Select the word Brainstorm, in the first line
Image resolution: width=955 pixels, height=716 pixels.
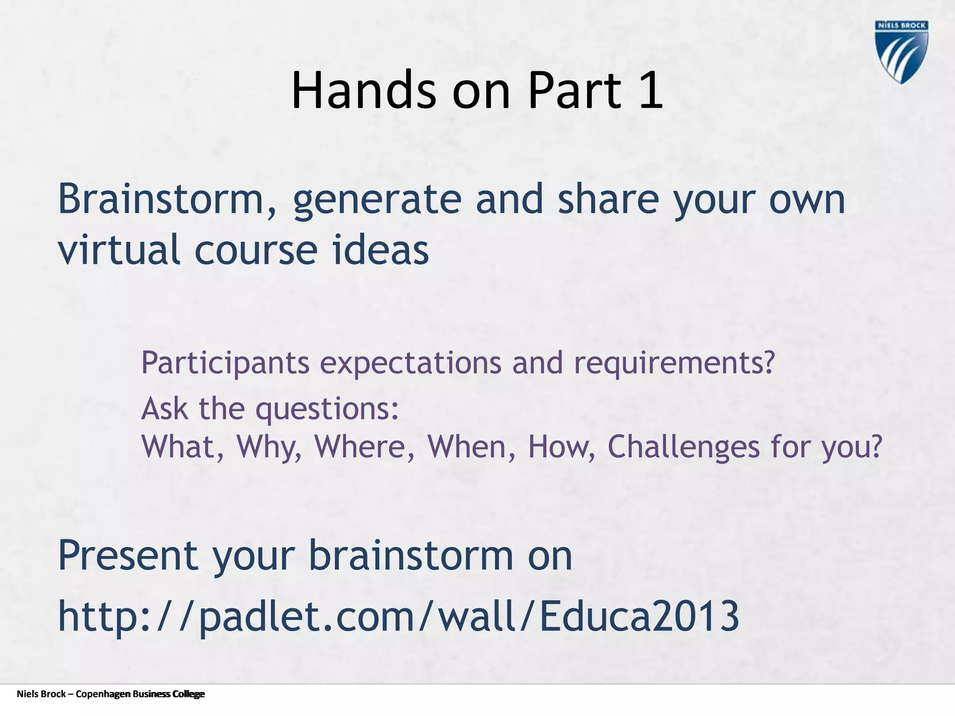coord(167,200)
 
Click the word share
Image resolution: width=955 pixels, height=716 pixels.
coord(608,200)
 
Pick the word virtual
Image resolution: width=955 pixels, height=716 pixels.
coord(119,250)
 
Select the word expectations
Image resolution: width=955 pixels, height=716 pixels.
coord(410,363)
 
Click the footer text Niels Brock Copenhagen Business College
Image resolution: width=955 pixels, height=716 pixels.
coord(111,694)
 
